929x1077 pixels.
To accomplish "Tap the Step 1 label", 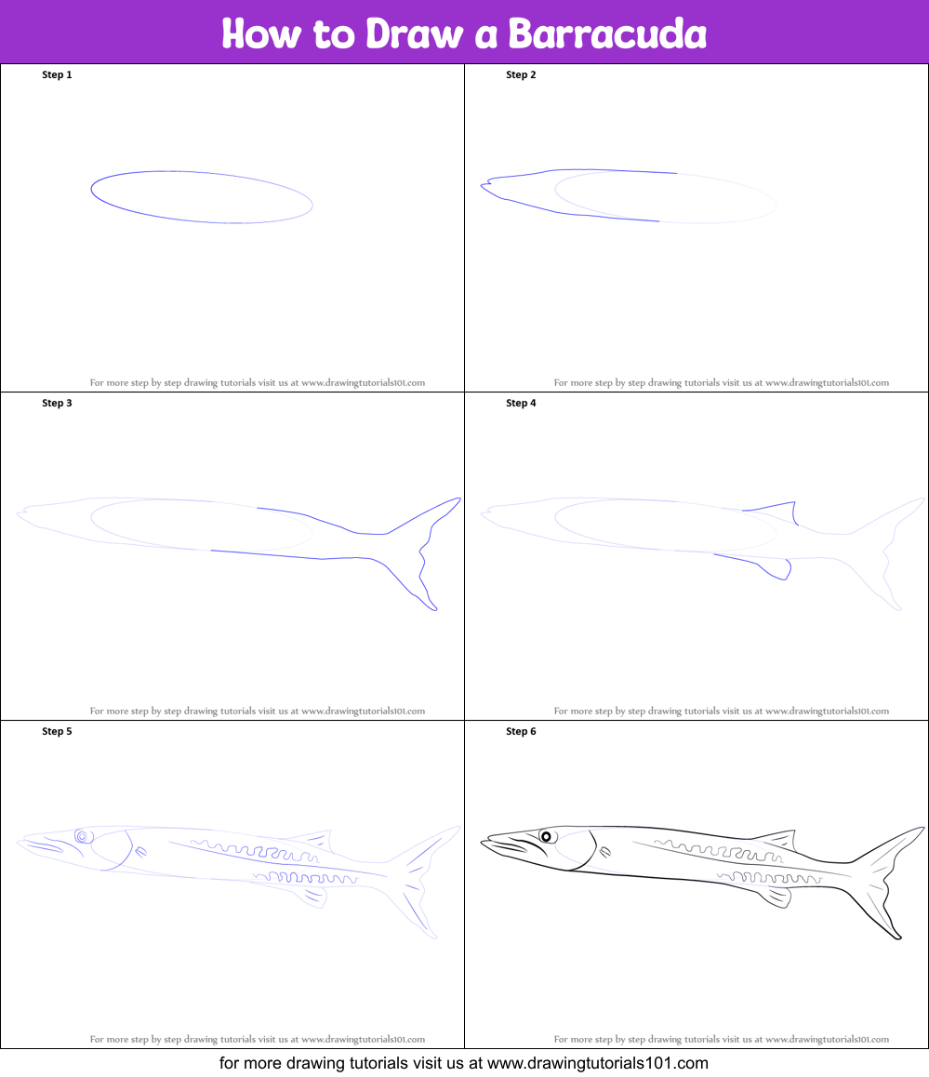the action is click(57, 74).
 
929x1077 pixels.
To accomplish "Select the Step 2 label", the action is click(521, 74).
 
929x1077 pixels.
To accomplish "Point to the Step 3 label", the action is click(57, 404).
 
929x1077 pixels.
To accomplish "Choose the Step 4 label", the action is click(521, 404).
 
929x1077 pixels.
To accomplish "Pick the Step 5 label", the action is click(57, 732).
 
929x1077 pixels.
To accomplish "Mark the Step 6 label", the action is click(521, 732).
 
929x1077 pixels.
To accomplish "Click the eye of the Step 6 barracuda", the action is click(547, 836).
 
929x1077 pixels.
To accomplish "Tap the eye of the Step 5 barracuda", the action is click(83, 836).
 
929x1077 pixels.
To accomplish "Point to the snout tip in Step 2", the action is click(482, 185).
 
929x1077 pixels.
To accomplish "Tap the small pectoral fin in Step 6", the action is click(604, 853).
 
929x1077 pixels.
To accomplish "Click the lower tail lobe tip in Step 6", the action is click(899, 937).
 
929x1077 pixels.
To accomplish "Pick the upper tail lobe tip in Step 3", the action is click(458, 499).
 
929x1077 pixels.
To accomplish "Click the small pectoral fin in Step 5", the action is click(140, 853).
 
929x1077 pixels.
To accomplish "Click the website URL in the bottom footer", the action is click(598, 1063).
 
